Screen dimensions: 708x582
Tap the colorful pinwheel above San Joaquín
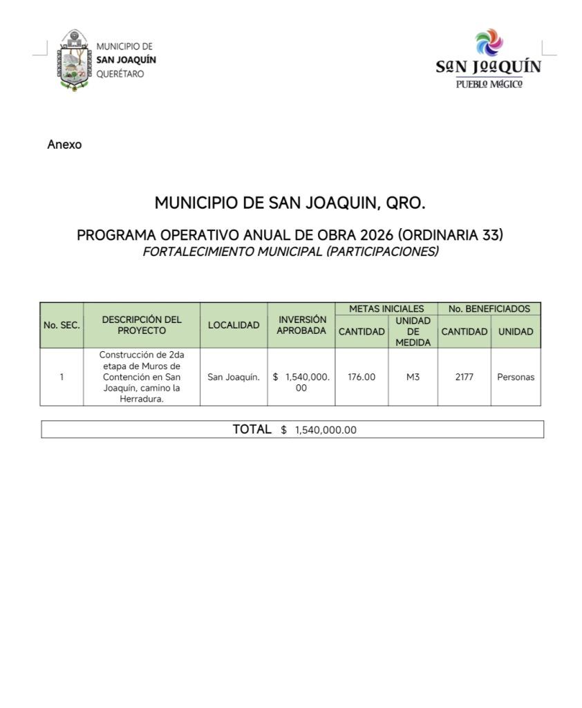(489, 42)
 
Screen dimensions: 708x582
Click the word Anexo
(64, 145)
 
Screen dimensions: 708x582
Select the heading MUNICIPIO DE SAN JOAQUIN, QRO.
(290, 203)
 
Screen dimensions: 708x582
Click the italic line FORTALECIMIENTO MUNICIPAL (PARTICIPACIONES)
(290, 252)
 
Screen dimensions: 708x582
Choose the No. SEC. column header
(62, 325)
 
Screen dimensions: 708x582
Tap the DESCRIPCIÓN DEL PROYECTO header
(142, 325)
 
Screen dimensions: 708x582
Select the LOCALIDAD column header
(234, 325)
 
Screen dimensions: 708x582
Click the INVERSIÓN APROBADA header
(301, 325)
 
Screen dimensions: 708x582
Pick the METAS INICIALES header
(386, 309)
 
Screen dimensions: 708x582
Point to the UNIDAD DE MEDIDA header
(413, 331)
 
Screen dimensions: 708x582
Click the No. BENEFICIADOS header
(489, 309)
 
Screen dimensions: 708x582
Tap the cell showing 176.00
(362, 377)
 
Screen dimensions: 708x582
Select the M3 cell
(413, 377)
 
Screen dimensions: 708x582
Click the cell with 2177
(464, 377)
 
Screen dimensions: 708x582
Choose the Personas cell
(516, 378)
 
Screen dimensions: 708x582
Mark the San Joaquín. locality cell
(234, 378)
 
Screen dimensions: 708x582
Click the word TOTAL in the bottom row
(252, 429)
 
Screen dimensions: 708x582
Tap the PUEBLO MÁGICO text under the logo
(489, 84)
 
